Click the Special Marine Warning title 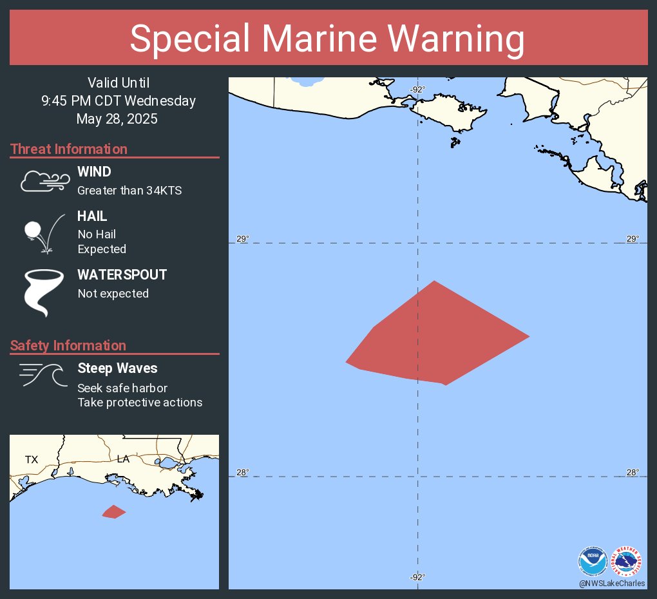[327, 39]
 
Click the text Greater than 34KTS [129, 191]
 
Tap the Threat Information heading [69, 149]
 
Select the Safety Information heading [68, 346]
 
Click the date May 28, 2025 [117, 119]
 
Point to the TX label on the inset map [32, 460]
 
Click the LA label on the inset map [123, 459]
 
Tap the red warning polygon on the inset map [113, 512]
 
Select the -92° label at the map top [417, 90]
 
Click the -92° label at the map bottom [417, 577]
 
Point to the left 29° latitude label [242, 239]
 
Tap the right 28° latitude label [633, 472]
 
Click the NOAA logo [593, 561]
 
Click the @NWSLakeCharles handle [611, 583]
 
